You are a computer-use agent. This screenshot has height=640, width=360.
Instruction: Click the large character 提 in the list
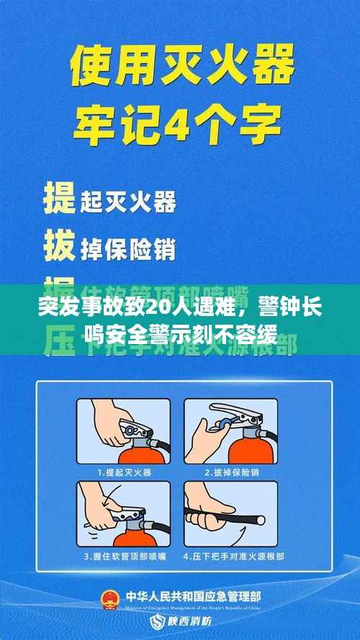click(60, 197)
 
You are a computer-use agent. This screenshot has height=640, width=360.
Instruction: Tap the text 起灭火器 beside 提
click(127, 202)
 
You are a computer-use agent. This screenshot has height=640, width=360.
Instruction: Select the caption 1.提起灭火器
click(124, 472)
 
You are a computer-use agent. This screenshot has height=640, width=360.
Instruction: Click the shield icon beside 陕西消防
click(154, 621)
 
